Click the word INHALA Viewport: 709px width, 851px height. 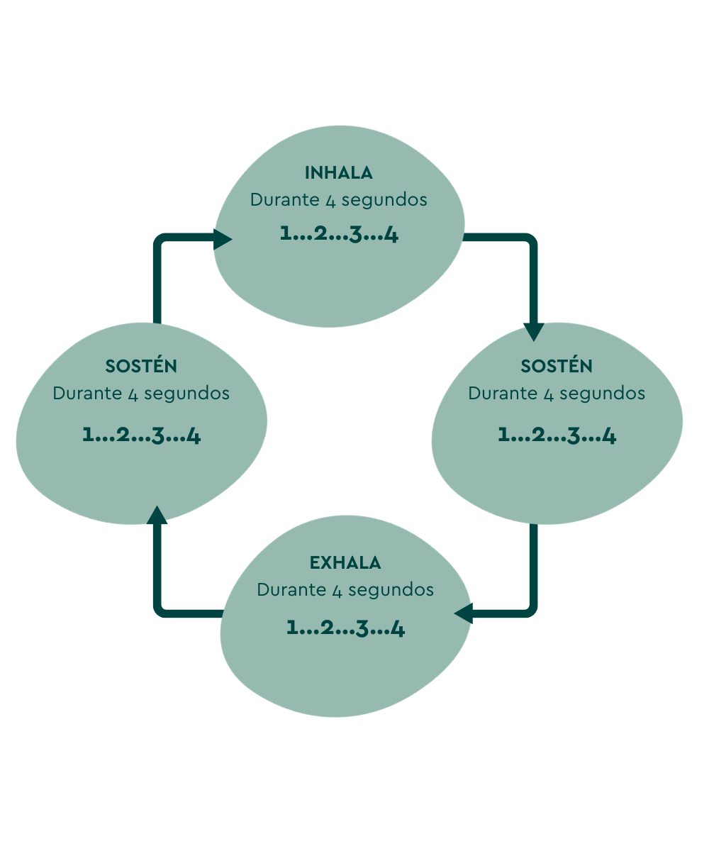[339, 173]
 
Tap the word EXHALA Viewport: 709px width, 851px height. [345, 563]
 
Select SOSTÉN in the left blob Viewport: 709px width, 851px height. [141, 367]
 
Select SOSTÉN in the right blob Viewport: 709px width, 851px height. [557, 367]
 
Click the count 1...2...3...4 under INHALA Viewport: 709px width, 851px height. [339, 233]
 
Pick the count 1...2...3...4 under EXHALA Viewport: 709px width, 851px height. [345, 628]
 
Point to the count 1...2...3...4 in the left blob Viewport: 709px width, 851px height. [141, 435]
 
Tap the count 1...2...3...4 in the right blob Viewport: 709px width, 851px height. [557, 435]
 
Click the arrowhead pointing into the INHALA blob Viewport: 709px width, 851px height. [223, 240]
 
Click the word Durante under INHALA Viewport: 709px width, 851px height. [275, 200]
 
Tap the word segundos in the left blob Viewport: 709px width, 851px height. [186, 394]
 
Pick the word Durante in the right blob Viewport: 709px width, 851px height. [493, 394]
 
